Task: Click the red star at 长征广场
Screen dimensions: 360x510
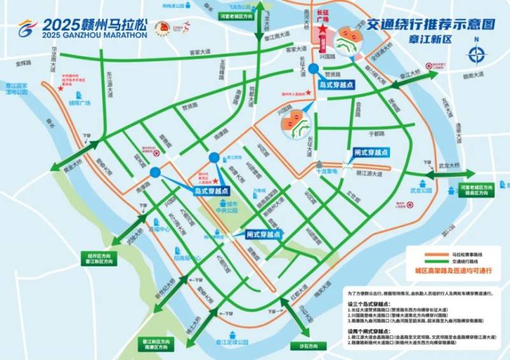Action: click(x=323, y=31)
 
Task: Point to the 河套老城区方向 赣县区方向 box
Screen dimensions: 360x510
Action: click(x=476, y=191)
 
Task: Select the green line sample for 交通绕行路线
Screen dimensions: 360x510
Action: click(x=435, y=261)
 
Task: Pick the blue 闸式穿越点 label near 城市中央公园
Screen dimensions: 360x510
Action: click(x=263, y=234)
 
